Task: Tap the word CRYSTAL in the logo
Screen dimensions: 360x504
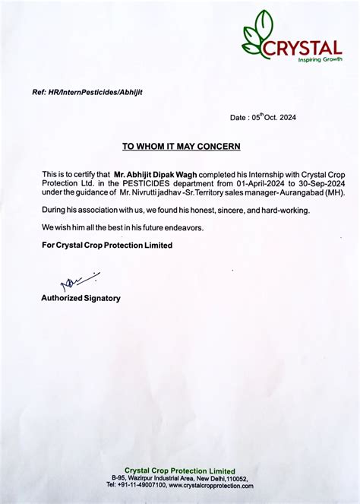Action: [x=303, y=48]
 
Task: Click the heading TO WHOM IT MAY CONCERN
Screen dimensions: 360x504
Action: [x=181, y=145]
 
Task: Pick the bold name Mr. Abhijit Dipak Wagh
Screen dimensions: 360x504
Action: [x=155, y=174]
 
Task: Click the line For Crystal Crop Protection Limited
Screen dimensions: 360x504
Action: [x=107, y=246]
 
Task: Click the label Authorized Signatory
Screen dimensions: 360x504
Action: [x=81, y=298]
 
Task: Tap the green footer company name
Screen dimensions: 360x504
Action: [x=180, y=471]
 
